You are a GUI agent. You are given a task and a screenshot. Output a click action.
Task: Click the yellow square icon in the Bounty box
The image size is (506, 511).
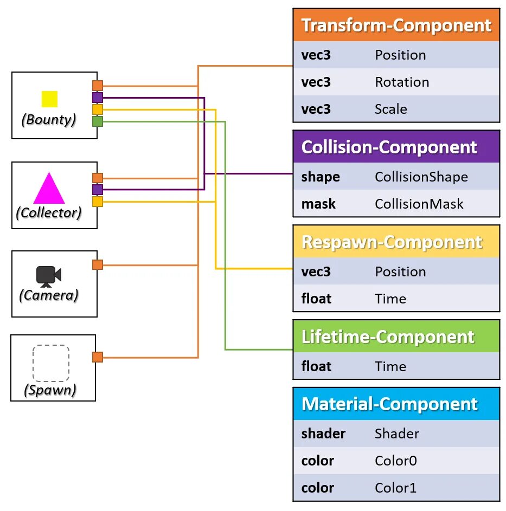pyautogui.click(x=49, y=99)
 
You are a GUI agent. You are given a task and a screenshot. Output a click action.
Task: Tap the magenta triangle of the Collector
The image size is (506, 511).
pyautogui.click(x=49, y=190)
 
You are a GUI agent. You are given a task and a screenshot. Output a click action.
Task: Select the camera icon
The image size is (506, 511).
pyautogui.click(x=49, y=276)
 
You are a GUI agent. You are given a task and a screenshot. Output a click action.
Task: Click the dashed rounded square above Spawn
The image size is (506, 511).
pyautogui.click(x=51, y=363)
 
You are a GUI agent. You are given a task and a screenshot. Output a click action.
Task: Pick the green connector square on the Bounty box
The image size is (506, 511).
pyautogui.click(x=98, y=121)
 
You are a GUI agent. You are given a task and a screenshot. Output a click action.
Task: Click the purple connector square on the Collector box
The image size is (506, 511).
pyautogui.click(x=98, y=190)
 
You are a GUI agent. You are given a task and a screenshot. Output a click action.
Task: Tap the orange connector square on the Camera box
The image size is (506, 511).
pyautogui.click(x=98, y=264)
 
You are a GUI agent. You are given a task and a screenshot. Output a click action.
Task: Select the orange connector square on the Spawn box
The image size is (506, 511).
pyautogui.click(x=98, y=357)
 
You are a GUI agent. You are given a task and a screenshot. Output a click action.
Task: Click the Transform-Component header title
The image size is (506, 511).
pyautogui.click(x=396, y=25)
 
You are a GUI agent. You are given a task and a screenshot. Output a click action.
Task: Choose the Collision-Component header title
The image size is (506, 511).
pyautogui.click(x=389, y=147)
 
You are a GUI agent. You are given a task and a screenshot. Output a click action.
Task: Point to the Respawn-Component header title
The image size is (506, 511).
pyautogui.click(x=392, y=242)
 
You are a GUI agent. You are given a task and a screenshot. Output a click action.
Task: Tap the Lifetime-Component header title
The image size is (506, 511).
pyautogui.click(x=388, y=337)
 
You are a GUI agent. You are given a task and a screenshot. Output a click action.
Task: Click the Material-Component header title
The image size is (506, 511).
pyautogui.click(x=389, y=404)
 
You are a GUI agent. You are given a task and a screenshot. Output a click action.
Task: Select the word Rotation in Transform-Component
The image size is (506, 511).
pyautogui.click(x=402, y=82)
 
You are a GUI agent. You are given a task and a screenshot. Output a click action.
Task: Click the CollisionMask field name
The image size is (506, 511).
pyautogui.click(x=419, y=204)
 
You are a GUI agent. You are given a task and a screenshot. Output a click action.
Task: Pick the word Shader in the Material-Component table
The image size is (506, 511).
pyautogui.click(x=397, y=434)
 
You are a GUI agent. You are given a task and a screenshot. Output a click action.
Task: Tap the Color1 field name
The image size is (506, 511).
pyautogui.click(x=395, y=488)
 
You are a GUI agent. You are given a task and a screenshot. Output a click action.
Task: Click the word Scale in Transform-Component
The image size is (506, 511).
pyautogui.click(x=390, y=109)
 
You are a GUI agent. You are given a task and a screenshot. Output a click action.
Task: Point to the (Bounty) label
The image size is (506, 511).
pyautogui.click(x=49, y=120)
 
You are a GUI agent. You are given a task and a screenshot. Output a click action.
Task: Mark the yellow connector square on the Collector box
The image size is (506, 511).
pyautogui.click(x=98, y=202)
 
